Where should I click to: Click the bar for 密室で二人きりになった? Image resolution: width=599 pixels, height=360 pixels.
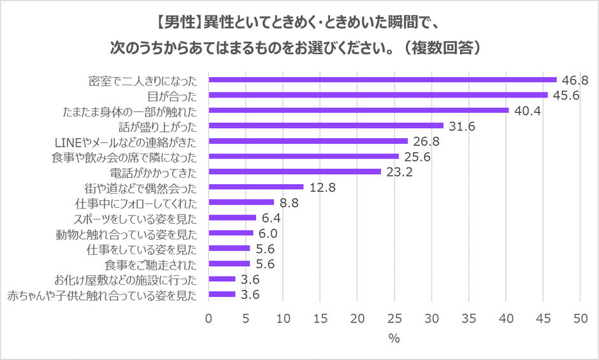click(382, 80)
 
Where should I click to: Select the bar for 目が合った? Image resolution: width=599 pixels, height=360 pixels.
click(378, 95)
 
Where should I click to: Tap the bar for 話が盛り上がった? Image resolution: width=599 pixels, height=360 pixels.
click(326, 126)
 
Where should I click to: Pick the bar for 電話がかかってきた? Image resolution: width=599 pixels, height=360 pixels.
click(294, 171)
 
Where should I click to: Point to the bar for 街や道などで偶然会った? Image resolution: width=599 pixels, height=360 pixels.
click(256, 187)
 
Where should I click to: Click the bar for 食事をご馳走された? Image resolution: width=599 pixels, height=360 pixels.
click(229, 263)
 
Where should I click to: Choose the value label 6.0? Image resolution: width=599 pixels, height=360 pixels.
click(268, 233)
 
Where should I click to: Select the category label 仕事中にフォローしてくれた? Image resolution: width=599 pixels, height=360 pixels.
click(136, 203)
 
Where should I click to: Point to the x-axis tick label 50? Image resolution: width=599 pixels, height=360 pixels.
click(580, 317)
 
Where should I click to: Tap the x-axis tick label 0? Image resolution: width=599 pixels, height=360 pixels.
click(208, 317)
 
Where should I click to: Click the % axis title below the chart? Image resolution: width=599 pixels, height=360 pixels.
click(394, 339)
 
